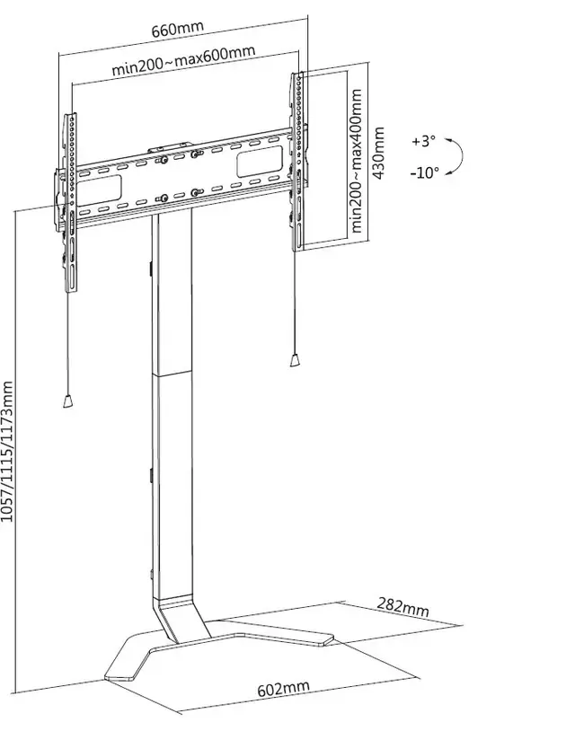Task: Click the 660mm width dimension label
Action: (x=178, y=29)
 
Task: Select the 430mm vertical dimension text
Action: (x=379, y=153)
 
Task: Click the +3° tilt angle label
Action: (x=422, y=141)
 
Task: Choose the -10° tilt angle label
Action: (x=424, y=172)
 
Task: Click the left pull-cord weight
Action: (x=65, y=402)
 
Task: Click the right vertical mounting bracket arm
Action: (x=295, y=162)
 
